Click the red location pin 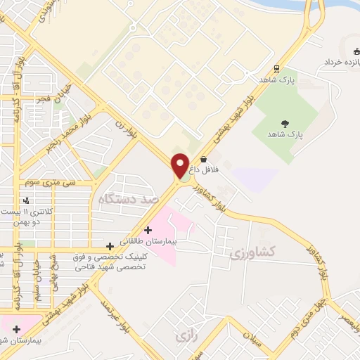coord(181,165)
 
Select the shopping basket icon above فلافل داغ coord(204,160)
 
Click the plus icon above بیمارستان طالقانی coord(148,230)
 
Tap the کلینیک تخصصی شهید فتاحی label coord(112,262)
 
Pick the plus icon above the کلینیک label coord(110,246)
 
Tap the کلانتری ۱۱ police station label coord(35,216)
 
